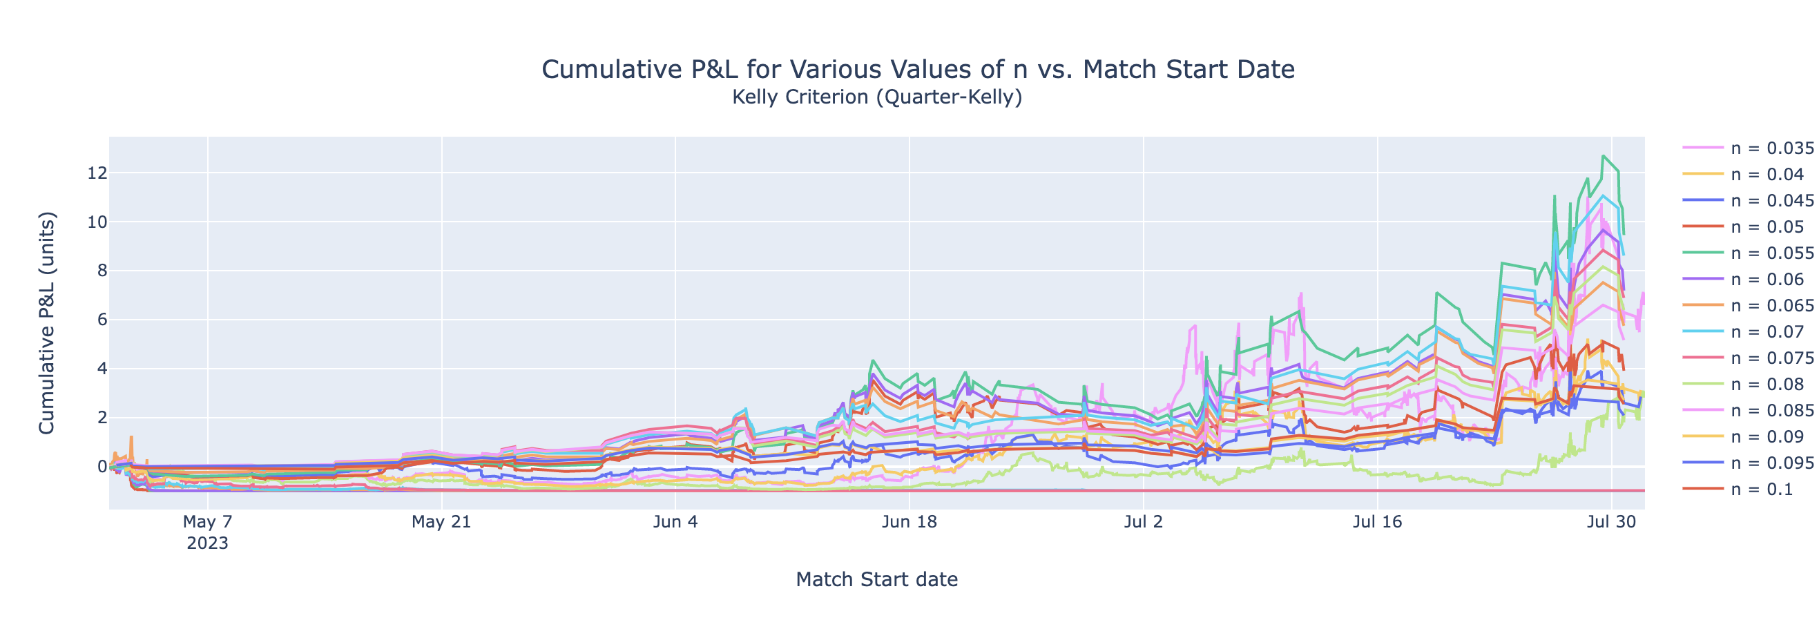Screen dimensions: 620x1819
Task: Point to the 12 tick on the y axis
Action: [97, 173]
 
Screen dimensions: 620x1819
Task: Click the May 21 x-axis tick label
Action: [441, 523]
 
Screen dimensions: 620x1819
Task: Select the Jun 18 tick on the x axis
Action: [909, 523]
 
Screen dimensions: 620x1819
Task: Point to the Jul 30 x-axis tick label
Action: [1611, 523]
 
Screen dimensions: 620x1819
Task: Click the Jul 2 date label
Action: [1143, 523]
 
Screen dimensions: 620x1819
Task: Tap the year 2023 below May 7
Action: [207, 544]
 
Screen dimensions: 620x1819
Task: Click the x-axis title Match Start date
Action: [876, 580]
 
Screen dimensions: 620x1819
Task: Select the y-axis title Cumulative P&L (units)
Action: [46, 322]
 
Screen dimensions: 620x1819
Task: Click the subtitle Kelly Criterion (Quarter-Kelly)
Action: [876, 97]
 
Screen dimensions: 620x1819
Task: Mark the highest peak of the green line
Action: [1604, 156]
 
